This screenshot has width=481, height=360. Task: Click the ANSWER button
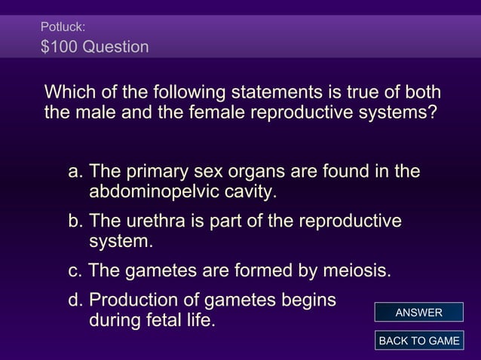418,313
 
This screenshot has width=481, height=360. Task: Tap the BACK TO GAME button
418,340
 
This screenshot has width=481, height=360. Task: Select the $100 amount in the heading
59,47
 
